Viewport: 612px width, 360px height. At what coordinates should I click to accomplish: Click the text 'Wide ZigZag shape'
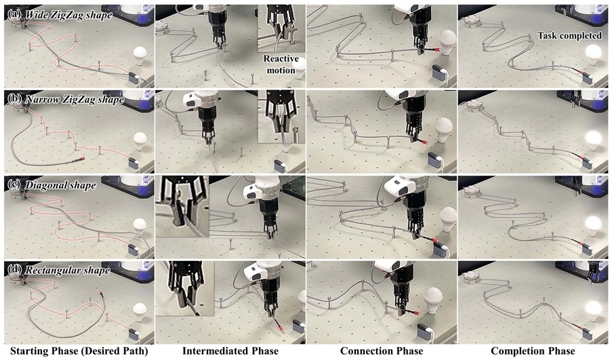pos(68,15)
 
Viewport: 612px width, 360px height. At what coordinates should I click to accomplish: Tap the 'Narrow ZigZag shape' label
pos(74,100)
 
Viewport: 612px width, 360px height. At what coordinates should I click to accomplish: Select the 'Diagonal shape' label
pos(60,184)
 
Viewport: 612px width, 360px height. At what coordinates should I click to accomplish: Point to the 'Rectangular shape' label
pos(68,270)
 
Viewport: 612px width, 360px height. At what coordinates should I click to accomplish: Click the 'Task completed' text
pos(569,35)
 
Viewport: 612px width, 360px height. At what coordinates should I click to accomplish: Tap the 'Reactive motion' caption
pos(281,64)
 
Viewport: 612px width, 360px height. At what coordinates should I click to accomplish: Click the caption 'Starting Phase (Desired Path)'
pos(79,351)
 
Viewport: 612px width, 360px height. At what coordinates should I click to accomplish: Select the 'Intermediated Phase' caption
pos(230,351)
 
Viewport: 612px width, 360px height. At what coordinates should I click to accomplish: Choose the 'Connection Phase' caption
pos(382,351)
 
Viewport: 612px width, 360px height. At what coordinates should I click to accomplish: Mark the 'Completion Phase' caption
pos(533,351)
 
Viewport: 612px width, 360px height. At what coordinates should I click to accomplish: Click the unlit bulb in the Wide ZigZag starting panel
pos(140,56)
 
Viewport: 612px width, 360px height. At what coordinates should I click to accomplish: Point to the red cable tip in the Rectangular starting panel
pos(101,293)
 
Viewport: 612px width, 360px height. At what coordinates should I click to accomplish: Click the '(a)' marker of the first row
pos(14,14)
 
